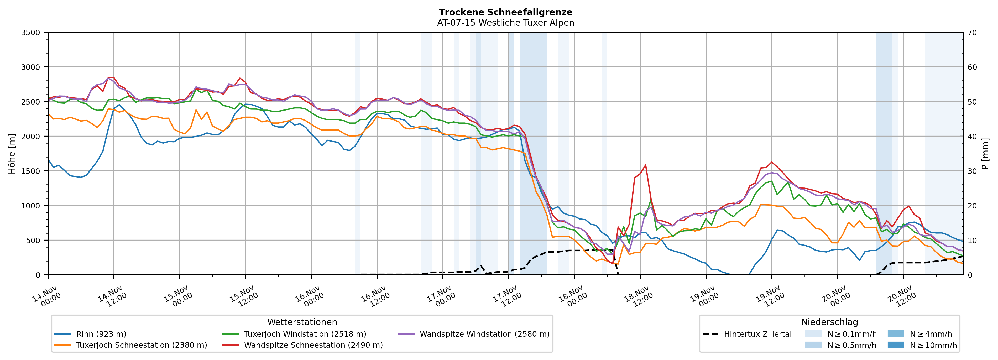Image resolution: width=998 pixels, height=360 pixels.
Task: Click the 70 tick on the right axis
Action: (972, 33)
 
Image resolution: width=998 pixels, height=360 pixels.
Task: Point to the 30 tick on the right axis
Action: (972, 171)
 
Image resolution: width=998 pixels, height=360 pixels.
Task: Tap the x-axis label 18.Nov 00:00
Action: (573, 296)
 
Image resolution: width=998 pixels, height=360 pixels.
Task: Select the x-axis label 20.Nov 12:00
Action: (902, 296)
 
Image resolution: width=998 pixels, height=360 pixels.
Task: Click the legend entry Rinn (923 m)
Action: (101, 334)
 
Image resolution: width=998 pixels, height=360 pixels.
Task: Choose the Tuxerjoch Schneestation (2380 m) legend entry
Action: (142, 345)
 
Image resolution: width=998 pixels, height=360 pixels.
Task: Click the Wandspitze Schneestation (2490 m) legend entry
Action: (313, 345)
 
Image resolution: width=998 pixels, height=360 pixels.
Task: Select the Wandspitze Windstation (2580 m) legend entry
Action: (484, 334)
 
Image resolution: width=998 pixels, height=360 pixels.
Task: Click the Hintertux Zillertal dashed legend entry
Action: (757, 334)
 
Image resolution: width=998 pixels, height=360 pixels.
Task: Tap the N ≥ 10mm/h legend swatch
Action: (896, 345)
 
